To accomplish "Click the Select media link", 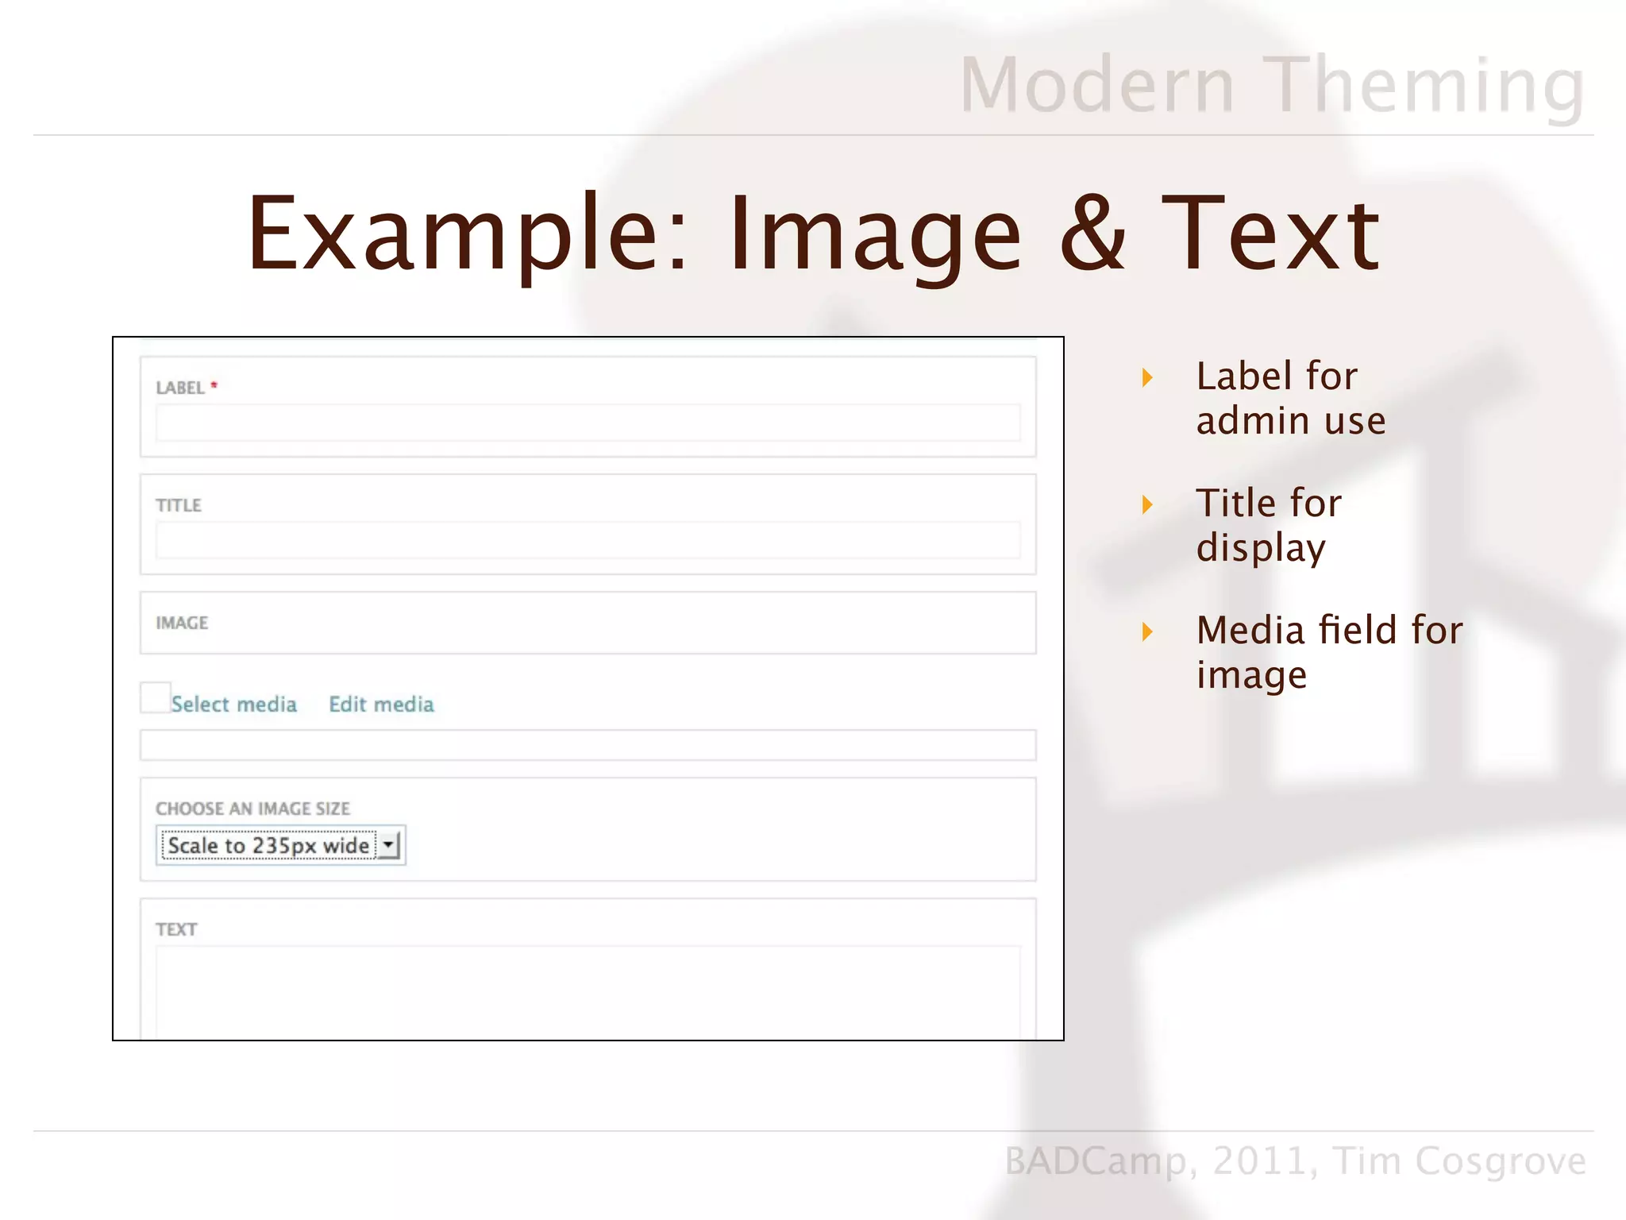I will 233,705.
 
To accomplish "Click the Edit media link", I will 381,705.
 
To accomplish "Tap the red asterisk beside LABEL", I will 214,385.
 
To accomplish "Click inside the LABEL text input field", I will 588,423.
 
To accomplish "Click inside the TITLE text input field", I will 588,540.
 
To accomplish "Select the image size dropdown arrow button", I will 388,844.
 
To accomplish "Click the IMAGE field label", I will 182,623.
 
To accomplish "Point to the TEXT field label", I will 176,929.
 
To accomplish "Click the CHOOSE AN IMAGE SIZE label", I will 252,809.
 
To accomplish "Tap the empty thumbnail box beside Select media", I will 155,697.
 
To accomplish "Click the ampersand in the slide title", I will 1092,234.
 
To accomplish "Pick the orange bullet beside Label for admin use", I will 1147,377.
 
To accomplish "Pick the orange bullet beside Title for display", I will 1147,504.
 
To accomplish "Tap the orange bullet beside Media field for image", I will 1147,632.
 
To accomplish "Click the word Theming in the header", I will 1424,86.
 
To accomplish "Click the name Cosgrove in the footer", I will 1501,1161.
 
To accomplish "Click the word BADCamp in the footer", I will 1096,1161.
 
